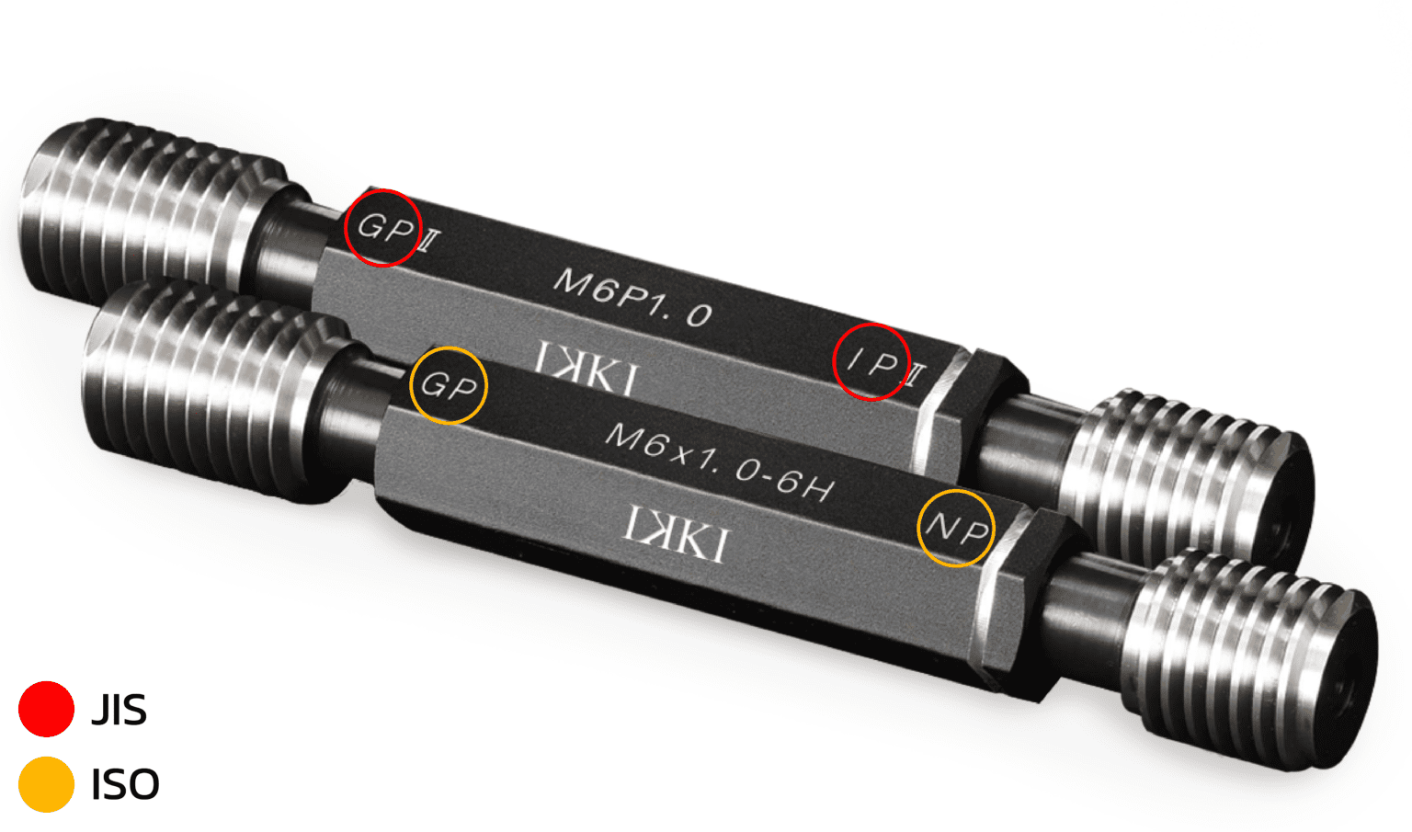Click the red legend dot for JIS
[x=46, y=709]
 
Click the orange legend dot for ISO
[x=46, y=784]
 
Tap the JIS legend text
[x=120, y=710]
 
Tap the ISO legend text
[x=125, y=785]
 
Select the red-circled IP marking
[x=873, y=362]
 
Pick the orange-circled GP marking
[x=449, y=386]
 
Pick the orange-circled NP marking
[x=957, y=528]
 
